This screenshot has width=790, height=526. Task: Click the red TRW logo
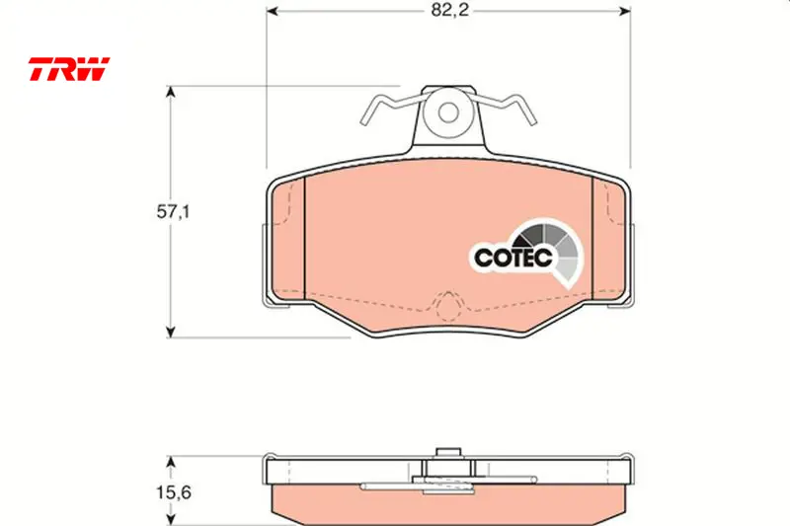coord(68,69)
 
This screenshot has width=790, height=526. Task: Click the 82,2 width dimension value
coord(449,10)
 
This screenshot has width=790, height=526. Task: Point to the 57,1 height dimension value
coord(173,212)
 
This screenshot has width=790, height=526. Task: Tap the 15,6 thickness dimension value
coord(173,491)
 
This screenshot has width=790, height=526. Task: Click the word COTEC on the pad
coord(513,258)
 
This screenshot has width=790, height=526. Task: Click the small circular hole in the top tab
coord(448,113)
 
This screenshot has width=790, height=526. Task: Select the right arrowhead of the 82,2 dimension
coord(625,11)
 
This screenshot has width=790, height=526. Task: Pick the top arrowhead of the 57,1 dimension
coord(171,92)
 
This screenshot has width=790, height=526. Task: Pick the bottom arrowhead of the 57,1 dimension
coord(171,332)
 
